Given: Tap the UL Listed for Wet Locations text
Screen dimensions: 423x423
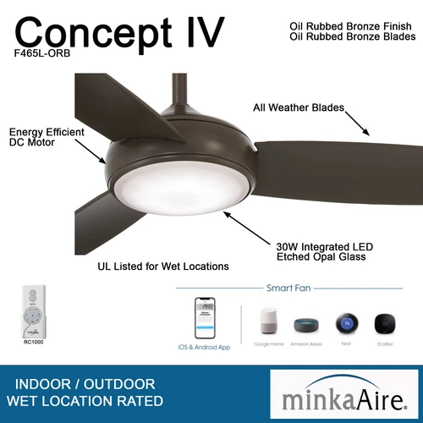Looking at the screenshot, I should click(163, 266).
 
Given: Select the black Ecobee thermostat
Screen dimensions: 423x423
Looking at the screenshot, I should click(386, 322).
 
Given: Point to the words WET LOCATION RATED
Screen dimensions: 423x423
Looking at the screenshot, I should click(85, 399).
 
